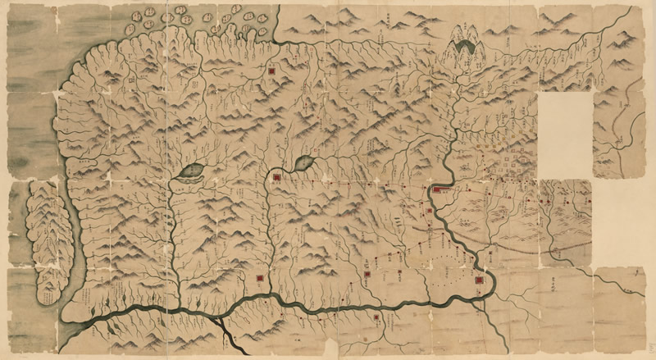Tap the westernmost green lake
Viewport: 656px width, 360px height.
190,171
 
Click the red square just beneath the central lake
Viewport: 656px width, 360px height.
279,175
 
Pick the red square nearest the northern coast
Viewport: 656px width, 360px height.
271,72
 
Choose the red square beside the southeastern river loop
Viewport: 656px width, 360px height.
479,280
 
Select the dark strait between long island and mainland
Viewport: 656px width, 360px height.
72,238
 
